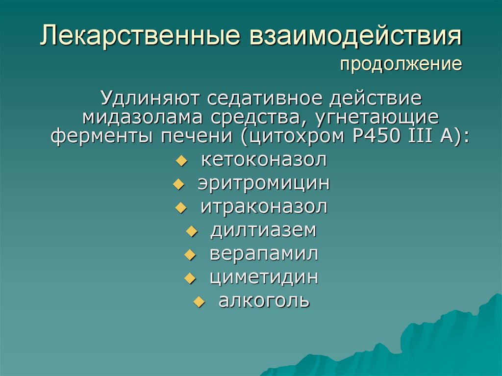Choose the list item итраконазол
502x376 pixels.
tap(264, 206)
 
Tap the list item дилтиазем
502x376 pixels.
tap(264, 230)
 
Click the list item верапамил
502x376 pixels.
tap(264, 253)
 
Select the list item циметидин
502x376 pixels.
tap(264, 277)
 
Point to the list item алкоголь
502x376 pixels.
tap(264, 301)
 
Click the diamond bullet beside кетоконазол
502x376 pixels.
tap(181, 161)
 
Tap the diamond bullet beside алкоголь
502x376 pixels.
tap(199, 302)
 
